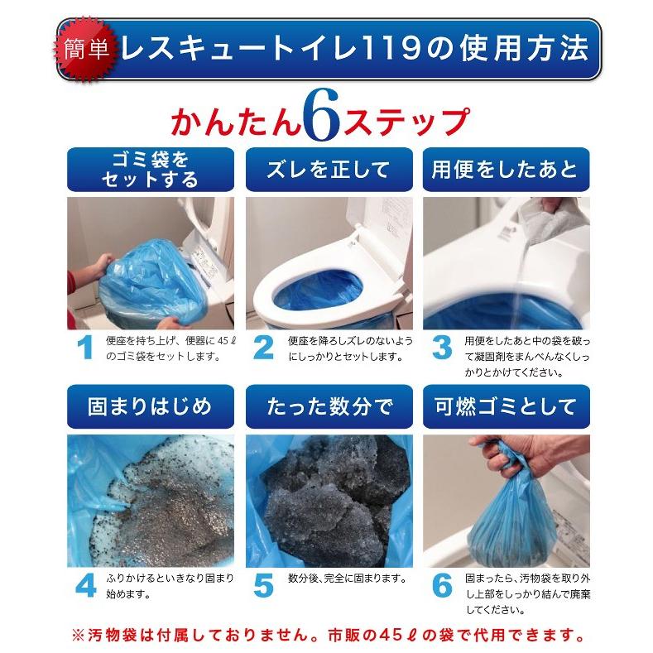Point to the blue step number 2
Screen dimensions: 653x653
[263, 348]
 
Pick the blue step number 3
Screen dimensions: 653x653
[442, 348]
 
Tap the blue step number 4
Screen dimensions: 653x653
[84, 585]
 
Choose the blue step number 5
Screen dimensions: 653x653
[263, 585]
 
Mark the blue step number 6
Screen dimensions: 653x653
[442, 585]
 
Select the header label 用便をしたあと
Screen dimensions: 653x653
[506, 170]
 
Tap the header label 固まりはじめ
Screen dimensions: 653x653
[150, 407]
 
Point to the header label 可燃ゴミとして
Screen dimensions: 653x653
[506, 407]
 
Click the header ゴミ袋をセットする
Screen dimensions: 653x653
[150, 170]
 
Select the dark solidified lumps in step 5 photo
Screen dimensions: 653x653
[331, 505]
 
